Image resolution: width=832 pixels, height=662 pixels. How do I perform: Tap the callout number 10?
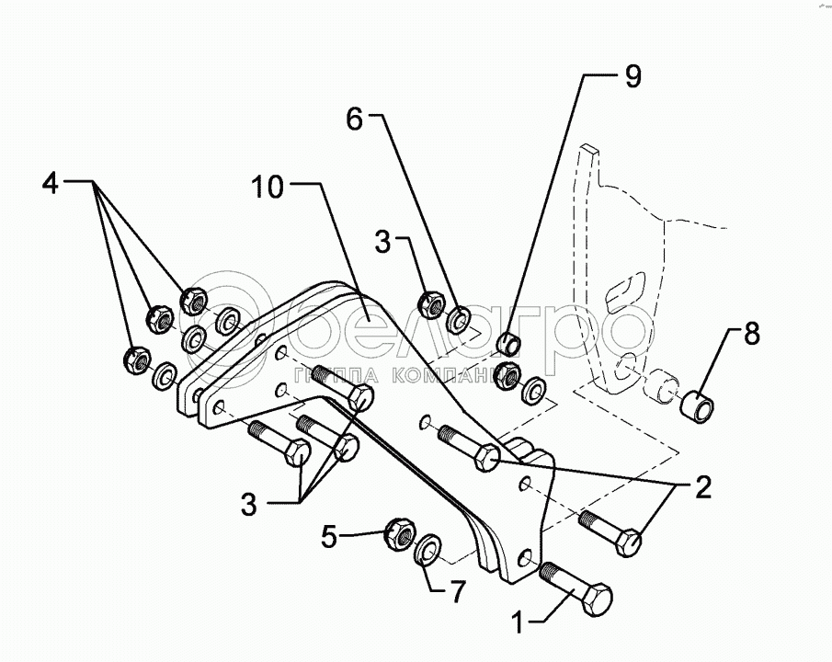point(271,189)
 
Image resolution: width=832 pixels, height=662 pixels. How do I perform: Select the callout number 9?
point(633,76)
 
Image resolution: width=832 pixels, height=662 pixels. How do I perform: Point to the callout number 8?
point(752,335)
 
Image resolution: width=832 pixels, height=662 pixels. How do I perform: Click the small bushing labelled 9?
point(509,345)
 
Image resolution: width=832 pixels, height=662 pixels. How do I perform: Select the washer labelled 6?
point(460,320)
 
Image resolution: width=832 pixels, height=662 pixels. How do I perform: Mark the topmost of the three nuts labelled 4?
point(194,298)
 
